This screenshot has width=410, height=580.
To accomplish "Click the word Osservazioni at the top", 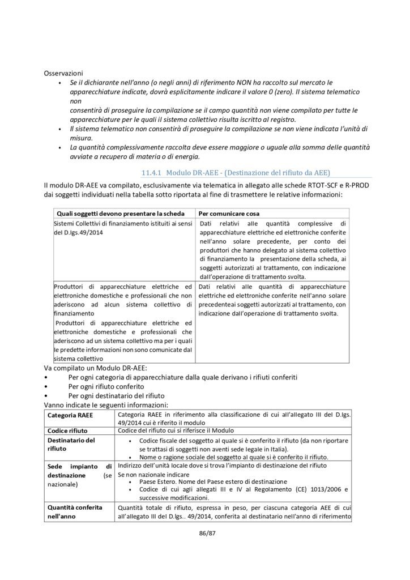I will (x=63, y=73).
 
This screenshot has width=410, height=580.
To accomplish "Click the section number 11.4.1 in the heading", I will (x=151, y=172).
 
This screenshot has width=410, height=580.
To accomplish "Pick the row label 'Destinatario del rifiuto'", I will (x=71, y=444).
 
